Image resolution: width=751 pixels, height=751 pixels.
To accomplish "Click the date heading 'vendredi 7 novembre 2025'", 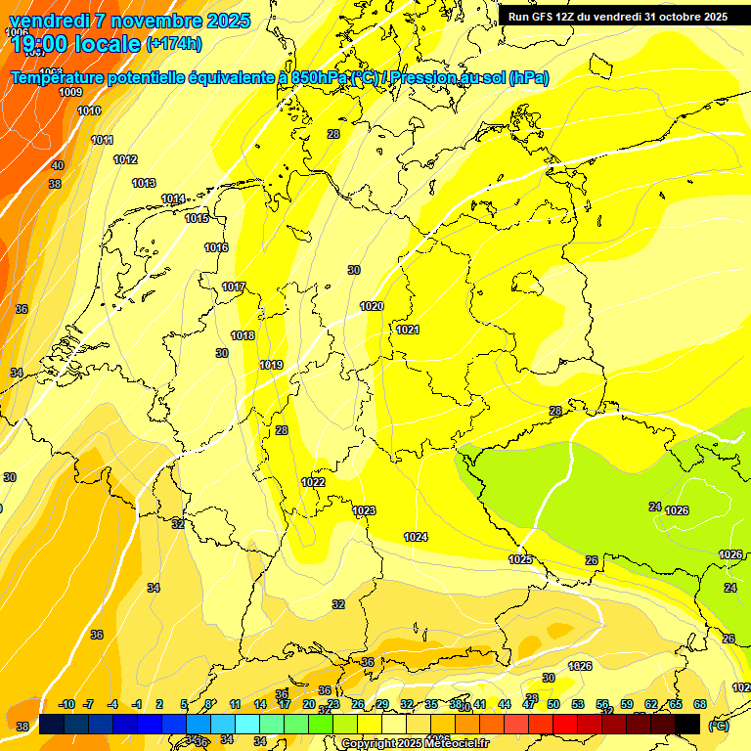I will point(129,21).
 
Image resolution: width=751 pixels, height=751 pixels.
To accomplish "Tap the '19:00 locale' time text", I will point(75,44).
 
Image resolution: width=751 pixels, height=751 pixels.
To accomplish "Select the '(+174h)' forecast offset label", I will point(173,44).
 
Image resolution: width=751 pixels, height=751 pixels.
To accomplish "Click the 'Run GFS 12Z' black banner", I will point(617,16).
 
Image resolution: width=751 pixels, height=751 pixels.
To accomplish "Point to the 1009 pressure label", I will point(70,92).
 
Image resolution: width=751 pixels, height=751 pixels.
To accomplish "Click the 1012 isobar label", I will point(125,159).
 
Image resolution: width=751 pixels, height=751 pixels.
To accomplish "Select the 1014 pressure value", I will point(173,199).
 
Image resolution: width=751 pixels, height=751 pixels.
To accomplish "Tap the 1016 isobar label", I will point(216,247).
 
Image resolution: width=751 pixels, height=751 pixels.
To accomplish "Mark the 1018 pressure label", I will point(243,335).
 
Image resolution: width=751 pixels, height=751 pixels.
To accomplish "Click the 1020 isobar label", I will point(372,306).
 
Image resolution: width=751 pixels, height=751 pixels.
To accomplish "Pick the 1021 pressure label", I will point(408,330).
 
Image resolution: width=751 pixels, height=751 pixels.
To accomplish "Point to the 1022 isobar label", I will point(313,482).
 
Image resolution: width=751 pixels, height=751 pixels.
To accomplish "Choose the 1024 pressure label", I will point(416,536).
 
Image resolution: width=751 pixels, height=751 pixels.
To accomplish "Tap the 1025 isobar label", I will point(520,559).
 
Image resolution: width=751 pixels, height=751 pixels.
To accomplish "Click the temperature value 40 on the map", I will point(58,165).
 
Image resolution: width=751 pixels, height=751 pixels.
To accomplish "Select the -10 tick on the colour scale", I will point(67,704).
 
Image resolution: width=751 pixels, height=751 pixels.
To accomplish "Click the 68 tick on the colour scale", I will point(699,704).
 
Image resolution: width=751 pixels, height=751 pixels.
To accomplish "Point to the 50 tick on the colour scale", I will point(553,704).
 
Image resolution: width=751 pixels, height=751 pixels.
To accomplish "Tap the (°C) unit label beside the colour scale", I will point(718,726).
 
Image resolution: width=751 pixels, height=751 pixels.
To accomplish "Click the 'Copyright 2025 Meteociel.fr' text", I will point(415,743).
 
